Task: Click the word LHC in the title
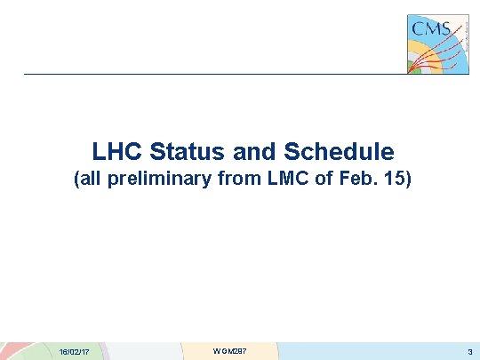[x=115, y=152]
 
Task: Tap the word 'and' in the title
[x=242, y=152]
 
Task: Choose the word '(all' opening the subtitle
[x=88, y=181]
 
